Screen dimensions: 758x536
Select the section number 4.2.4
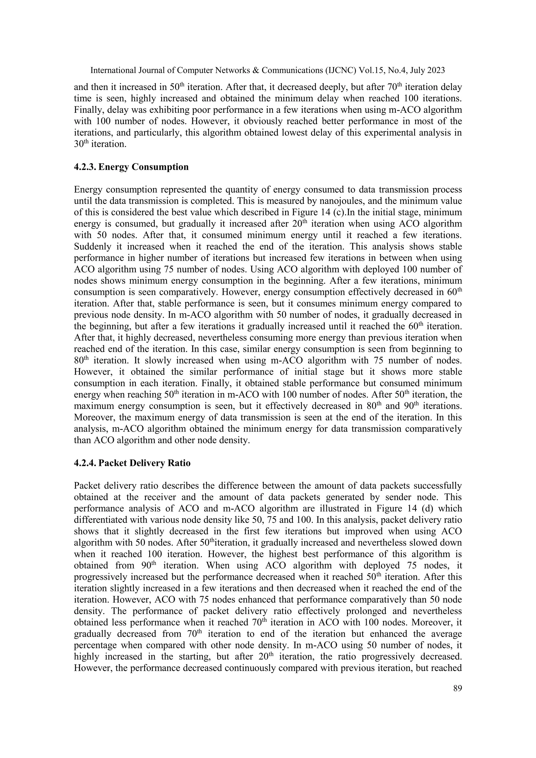(85, 463)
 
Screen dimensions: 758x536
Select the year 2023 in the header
(435, 70)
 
